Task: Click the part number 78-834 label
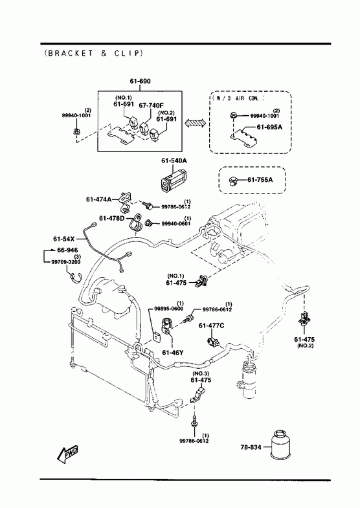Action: (x=251, y=447)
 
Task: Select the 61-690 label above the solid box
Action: (x=141, y=81)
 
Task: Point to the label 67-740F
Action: (x=152, y=105)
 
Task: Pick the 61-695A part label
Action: (x=269, y=127)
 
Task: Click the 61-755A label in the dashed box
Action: (x=260, y=179)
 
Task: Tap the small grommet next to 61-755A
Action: (x=233, y=181)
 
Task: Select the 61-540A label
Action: (x=174, y=160)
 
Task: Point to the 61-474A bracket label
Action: (x=98, y=199)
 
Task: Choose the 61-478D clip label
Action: (x=112, y=218)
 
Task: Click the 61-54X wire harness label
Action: (x=64, y=239)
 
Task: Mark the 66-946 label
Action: (x=67, y=250)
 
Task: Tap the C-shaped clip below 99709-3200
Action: (x=76, y=278)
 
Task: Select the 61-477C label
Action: (x=211, y=326)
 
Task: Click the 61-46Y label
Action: (x=173, y=353)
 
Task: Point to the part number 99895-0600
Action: (x=168, y=308)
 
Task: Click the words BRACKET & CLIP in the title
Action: (x=94, y=53)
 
